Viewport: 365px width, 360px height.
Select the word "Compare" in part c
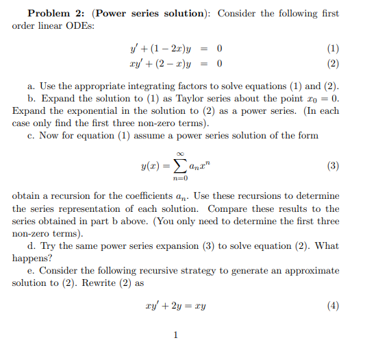tap(227, 208)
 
